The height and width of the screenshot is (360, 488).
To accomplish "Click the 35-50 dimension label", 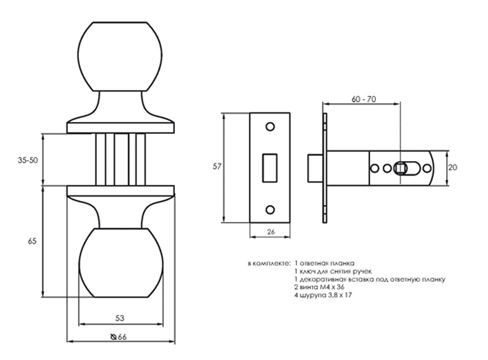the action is tap(28, 160).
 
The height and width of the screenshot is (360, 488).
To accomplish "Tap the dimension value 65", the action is tap(32, 241).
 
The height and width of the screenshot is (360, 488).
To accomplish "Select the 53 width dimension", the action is tap(120, 318).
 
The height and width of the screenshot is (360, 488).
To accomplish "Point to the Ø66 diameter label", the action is tap(119, 337).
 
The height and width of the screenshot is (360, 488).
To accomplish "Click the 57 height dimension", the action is tap(217, 167).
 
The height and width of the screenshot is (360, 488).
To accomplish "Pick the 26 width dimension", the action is tap(270, 232).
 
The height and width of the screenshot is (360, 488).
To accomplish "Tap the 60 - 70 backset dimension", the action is tap(363, 99).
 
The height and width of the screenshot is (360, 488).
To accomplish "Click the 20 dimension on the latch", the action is tap(453, 167).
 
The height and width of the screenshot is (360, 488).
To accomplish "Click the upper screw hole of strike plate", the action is tap(270, 126).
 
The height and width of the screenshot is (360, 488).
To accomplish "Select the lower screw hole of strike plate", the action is tap(270, 209).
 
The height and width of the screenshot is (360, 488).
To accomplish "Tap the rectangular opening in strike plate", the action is tap(270, 167).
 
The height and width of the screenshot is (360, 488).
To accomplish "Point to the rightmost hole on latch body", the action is tap(427, 168).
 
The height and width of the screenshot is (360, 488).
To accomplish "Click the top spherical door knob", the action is tap(120, 57).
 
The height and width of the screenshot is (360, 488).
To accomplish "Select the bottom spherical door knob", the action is tap(121, 263).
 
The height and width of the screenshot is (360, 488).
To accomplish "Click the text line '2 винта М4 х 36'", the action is tap(319, 287).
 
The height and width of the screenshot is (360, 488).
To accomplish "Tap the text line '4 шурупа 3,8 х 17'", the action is tap(323, 295).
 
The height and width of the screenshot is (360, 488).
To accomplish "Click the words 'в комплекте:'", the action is tap(269, 264).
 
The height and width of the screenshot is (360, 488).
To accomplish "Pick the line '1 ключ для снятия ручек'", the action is tap(333, 271).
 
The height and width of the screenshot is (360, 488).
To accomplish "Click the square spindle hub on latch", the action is tap(400, 168).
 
